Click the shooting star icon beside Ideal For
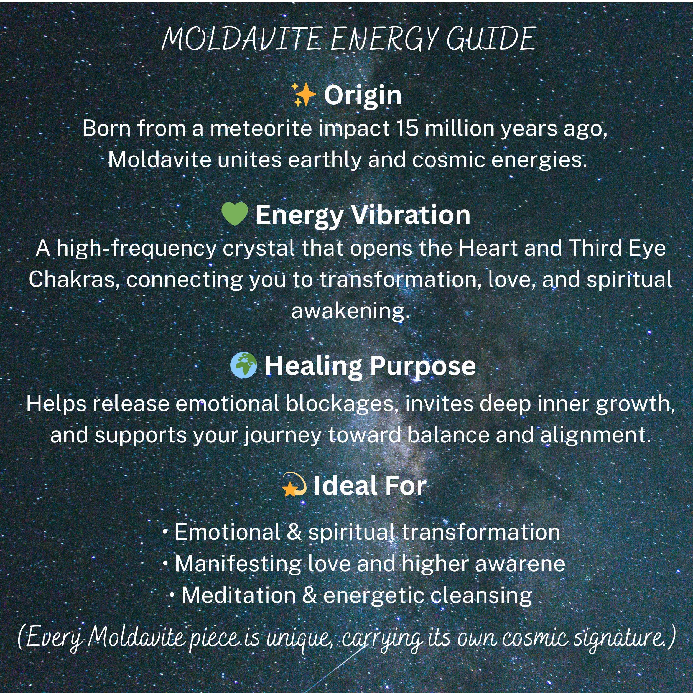pyautogui.click(x=294, y=485)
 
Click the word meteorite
pyautogui.click(x=261, y=128)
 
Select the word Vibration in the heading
pyautogui.click(x=410, y=215)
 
